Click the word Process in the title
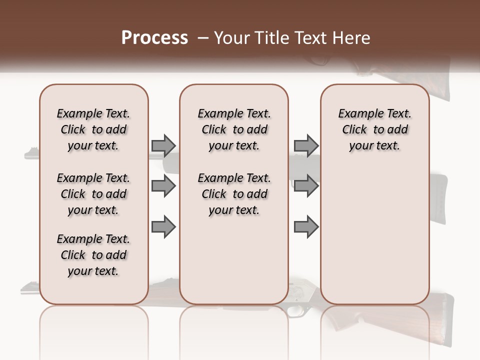(x=154, y=37)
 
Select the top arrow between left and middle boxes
(x=163, y=145)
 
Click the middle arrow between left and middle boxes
(x=163, y=186)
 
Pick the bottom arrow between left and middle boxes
(x=163, y=226)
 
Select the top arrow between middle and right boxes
(x=306, y=145)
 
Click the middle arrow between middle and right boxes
(x=306, y=186)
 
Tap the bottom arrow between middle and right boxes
(x=306, y=226)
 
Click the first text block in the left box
(x=93, y=129)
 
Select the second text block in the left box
(x=93, y=194)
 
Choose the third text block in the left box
(x=93, y=255)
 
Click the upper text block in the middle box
(x=234, y=129)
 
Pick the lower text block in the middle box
(x=234, y=194)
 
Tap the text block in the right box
(x=374, y=129)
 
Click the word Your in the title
(x=233, y=37)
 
